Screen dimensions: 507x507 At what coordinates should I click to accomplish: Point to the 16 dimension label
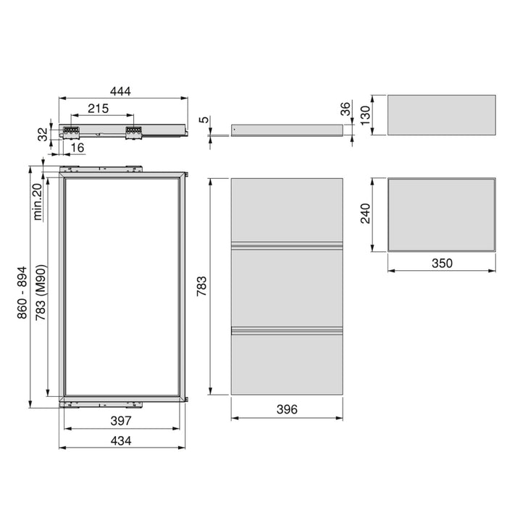tap(78, 148)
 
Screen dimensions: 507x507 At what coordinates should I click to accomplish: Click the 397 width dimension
tap(121, 421)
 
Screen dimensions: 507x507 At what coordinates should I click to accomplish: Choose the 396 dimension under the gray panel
tap(287, 410)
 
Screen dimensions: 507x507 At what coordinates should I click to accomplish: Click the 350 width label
tap(441, 263)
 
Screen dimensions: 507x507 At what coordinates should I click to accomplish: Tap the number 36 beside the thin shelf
tap(345, 109)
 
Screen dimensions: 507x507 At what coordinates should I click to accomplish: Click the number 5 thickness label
tap(205, 120)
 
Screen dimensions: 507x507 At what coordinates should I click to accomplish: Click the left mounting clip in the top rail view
tap(71, 132)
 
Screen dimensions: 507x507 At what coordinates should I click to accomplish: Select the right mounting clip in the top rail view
tap(133, 132)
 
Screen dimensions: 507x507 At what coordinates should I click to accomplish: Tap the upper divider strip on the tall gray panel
tap(287, 244)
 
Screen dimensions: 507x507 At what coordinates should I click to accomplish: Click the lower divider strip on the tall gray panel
tap(287, 331)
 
